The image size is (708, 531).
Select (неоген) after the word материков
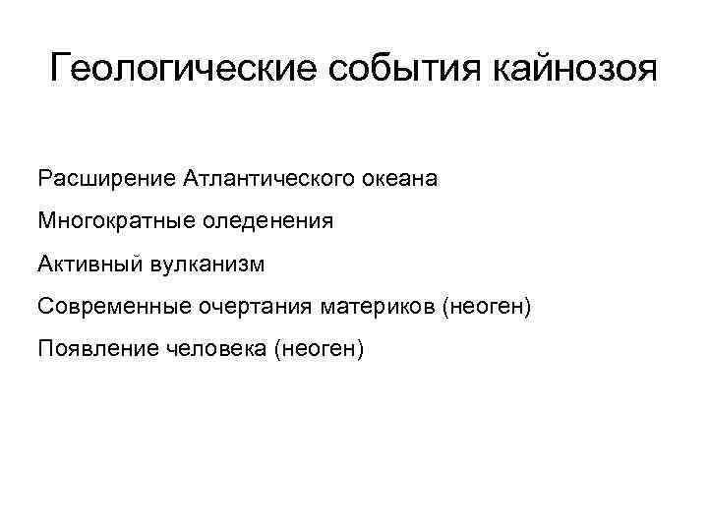point(487,307)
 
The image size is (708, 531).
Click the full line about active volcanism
point(152,264)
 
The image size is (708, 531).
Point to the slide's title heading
point(353,71)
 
